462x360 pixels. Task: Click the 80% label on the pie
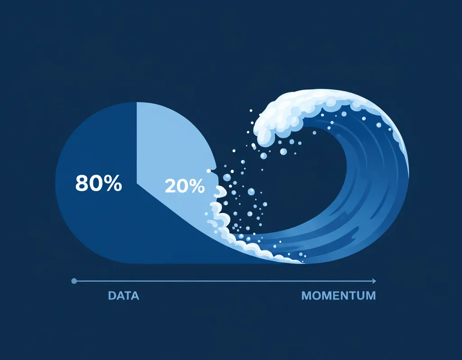pyautogui.click(x=98, y=183)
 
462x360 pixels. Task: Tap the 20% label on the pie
pyautogui.click(x=185, y=186)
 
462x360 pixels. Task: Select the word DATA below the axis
pyautogui.click(x=124, y=296)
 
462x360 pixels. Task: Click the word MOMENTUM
pyautogui.click(x=338, y=296)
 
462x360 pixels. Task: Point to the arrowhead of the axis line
pyautogui.click(x=374, y=281)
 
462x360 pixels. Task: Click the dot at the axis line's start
pyautogui.click(x=74, y=281)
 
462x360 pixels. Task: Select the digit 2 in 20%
pyautogui.click(x=170, y=186)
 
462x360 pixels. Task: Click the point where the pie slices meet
pyautogui.click(x=136, y=183)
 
